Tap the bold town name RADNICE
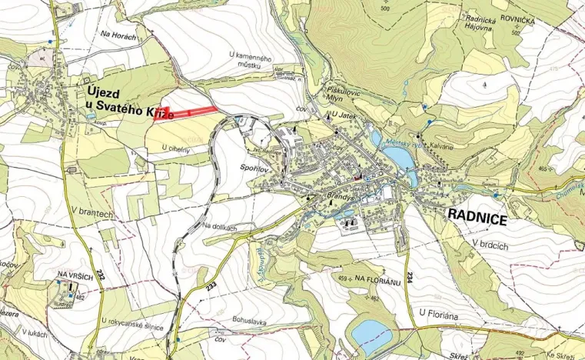click(x=477, y=220)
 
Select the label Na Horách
click(x=119, y=35)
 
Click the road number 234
click(x=410, y=275)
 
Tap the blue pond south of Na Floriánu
click(x=371, y=332)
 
